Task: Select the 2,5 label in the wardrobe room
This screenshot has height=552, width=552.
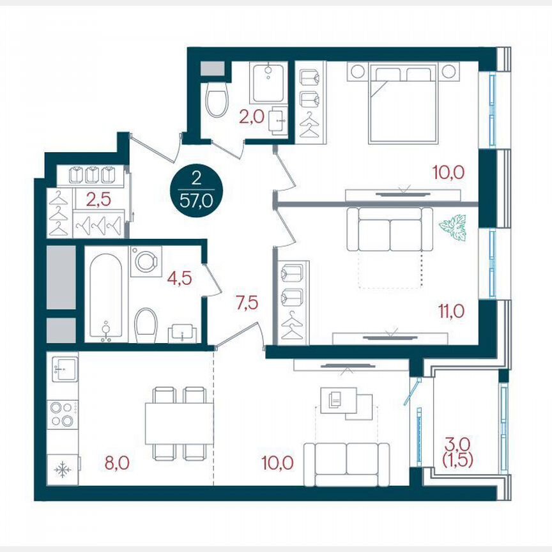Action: (98, 199)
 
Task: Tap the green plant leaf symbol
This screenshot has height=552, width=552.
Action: (453, 227)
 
